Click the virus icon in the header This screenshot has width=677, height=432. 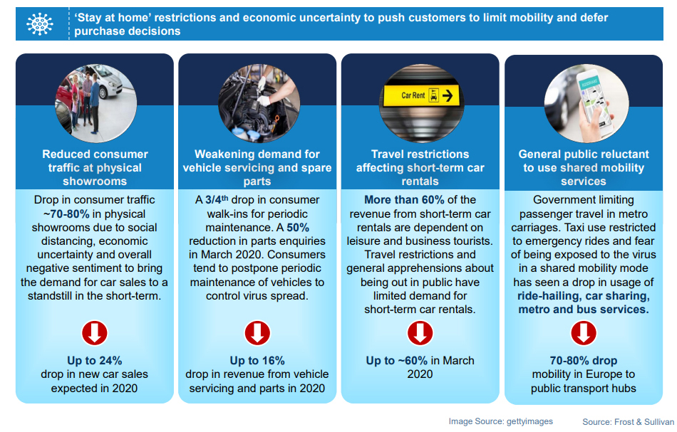point(40,23)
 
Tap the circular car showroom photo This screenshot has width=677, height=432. point(96,103)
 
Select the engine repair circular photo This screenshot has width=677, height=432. point(259,103)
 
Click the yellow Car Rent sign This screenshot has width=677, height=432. point(421,95)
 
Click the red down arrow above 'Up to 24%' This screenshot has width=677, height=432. point(95,333)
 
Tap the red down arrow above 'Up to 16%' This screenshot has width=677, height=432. point(257,333)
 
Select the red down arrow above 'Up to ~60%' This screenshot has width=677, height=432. point(420,333)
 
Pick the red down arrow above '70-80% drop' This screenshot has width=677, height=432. point(584,333)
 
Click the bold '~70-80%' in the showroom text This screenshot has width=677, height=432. point(66,214)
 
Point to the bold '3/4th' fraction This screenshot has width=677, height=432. point(217,199)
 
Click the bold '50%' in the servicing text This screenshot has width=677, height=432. point(298,228)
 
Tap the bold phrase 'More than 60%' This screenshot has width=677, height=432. point(404,199)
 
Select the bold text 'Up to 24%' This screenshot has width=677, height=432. point(95,360)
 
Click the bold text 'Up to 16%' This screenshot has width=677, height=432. point(257,360)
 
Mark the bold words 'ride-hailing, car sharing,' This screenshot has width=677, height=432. point(584,296)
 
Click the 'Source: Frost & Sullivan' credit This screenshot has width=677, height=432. point(629,421)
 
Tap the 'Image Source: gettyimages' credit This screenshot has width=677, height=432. point(500,421)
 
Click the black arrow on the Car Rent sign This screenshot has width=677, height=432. point(448,95)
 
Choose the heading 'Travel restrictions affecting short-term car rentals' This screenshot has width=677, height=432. point(420,168)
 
